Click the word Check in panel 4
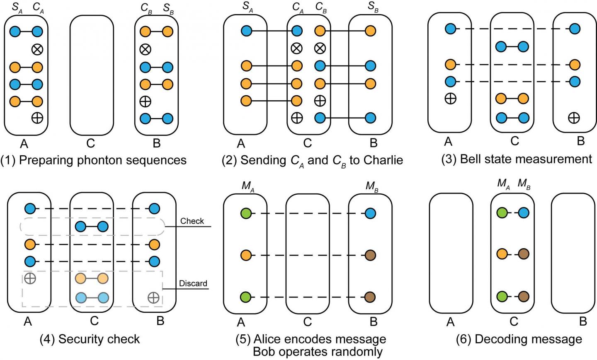point(192,221)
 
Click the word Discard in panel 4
point(193,284)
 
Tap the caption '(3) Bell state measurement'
point(517,159)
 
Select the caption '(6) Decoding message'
point(519,339)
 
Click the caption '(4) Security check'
point(90,339)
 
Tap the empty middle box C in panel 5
point(307,253)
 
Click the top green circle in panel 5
point(246,214)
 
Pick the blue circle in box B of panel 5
point(370,214)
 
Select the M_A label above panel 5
point(248,186)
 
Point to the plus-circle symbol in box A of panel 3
point(450,99)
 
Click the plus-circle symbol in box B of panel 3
point(574,118)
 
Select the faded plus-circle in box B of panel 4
point(153,297)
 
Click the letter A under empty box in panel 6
point(450,321)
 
